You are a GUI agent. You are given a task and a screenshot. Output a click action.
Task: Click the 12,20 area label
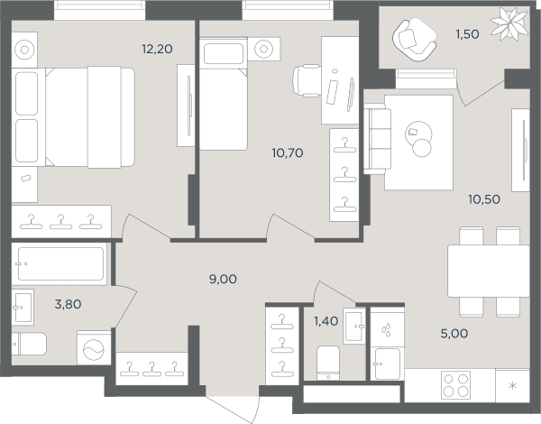tap(157, 49)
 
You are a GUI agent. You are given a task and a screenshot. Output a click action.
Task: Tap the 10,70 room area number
tap(288, 152)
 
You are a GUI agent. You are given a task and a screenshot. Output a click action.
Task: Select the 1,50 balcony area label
tap(467, 34)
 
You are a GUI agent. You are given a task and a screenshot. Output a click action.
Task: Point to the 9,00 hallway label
tap(223, 279)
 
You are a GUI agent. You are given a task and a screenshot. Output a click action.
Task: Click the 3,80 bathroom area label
tap(68, 304)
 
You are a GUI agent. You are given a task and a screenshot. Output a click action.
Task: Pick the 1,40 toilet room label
tap(326, 321)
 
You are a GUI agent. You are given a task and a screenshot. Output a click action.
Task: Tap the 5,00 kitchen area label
tap(454, 333)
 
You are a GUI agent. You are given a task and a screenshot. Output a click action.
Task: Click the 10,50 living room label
tap(484, 199)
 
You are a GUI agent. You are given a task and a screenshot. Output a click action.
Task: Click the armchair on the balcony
tap(415, 40)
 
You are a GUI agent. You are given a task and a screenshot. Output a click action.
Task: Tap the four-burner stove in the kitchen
tap(455, 385)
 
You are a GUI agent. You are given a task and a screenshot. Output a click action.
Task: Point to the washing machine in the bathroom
tap(94, 348)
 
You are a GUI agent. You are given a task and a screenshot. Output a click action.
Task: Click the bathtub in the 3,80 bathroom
tap(60, 264)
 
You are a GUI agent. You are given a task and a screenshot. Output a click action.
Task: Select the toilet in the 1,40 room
tap(328, 363)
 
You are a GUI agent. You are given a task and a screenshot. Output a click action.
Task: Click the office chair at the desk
tap(307, 80)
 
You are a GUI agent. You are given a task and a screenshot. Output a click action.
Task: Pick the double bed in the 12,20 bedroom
tap(73, 117)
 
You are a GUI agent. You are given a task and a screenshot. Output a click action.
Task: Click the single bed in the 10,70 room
tap(224, 94)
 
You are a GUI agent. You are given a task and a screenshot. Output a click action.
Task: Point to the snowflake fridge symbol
tap(513, 386)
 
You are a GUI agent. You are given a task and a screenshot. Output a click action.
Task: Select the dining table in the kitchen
tap(489, 271)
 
